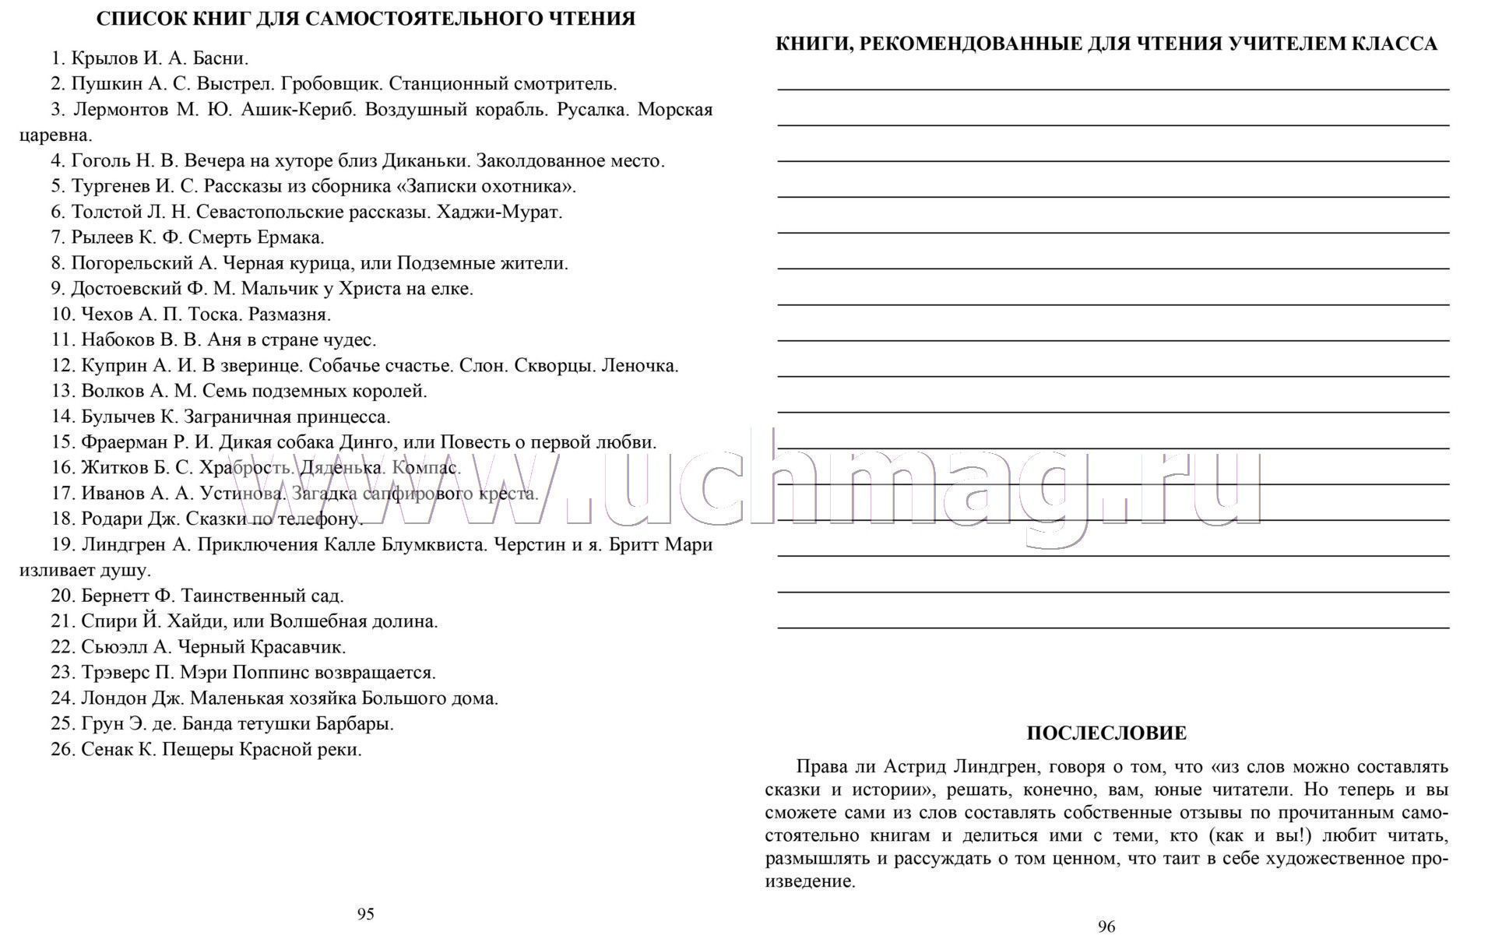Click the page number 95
pyautogui.click(x=365, y=914)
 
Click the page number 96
pyautogui.click(x=1106, y=927)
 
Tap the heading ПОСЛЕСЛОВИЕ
pyautogui.click(x=1106, y=733)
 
